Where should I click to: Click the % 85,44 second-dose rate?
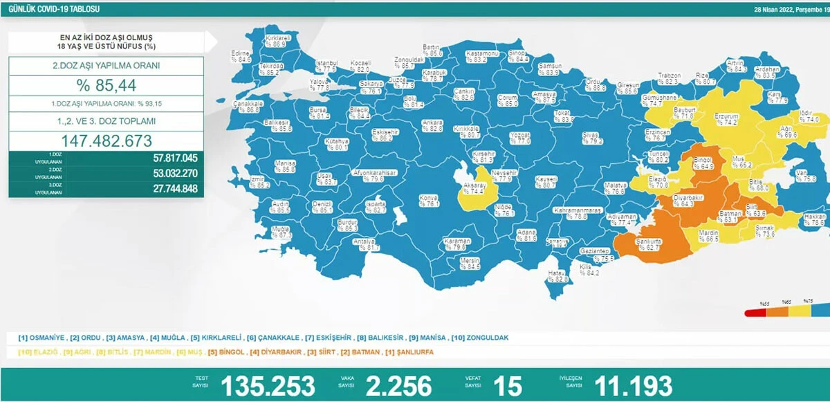tap(106, 86)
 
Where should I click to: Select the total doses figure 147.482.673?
tap(106, 140)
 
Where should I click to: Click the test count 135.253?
tap(267, 385)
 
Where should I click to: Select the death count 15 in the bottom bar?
tap(508, 385)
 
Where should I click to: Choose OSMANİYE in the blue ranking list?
tap(47, 338)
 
